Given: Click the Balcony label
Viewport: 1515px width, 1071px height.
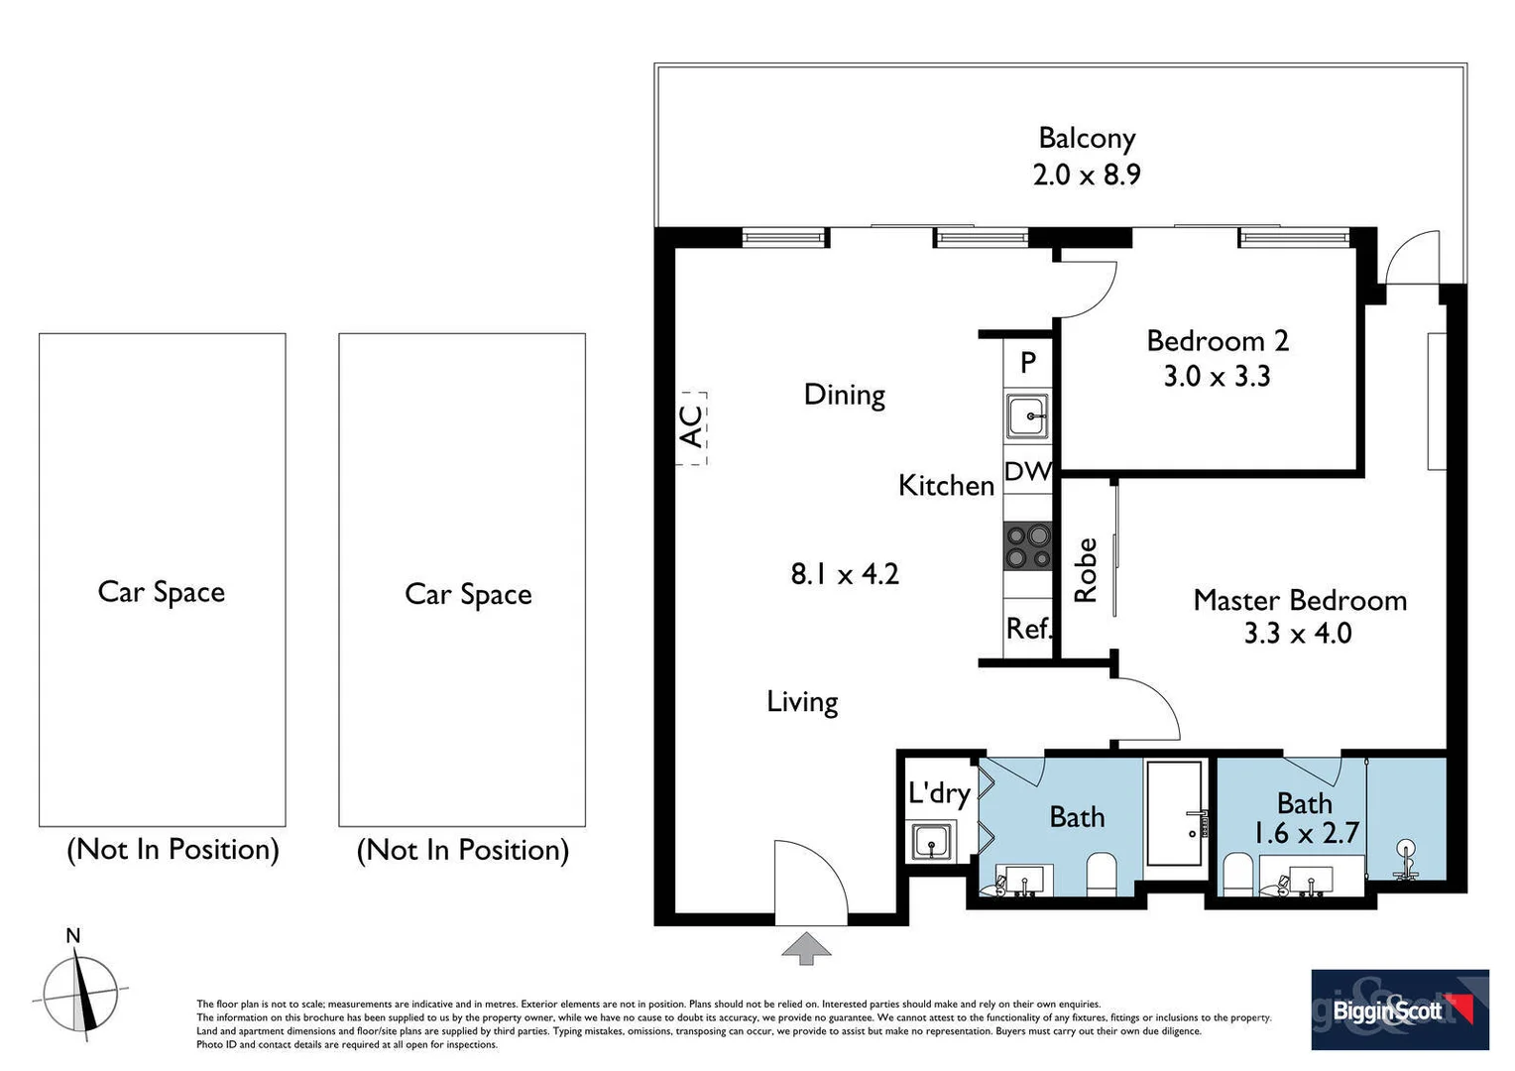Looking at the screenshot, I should pos(1087,138).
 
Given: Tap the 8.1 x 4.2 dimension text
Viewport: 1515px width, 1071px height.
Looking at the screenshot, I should pos(845,574).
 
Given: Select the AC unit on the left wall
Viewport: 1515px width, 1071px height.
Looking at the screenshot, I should pos(692,427).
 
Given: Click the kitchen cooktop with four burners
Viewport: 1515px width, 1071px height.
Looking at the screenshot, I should pos(1028,546).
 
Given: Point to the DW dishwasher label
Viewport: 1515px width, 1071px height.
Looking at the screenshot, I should pos(1027,472).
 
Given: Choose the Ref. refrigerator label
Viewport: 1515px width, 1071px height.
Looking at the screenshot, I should pos(1028,629).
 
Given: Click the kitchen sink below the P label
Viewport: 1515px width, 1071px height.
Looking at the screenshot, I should pos(1027,416).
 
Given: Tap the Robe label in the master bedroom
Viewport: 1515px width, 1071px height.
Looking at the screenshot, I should pos(1086,570).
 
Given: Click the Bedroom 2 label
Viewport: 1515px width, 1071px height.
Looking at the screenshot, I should pos(1218,341).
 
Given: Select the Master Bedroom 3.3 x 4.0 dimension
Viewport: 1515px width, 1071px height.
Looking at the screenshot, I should pos(1298,634).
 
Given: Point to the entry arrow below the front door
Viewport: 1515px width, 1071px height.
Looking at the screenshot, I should pos(806,948).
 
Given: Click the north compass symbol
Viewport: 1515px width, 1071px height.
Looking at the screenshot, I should pos(79,992).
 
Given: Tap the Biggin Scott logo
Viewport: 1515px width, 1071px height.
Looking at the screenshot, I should pos(1399,1010).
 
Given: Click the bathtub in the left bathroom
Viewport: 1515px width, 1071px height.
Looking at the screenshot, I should pos(1177,813).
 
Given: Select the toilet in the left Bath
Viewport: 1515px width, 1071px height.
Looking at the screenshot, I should pos(1101,873).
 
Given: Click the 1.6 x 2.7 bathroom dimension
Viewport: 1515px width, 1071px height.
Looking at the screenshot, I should pos(1306,834).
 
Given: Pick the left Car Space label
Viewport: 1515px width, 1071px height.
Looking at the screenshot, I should pos(162,592).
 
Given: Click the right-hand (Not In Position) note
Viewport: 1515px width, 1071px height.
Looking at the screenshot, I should pos(463,850).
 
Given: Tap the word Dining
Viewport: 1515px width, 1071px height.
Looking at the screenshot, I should pos(845,395).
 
